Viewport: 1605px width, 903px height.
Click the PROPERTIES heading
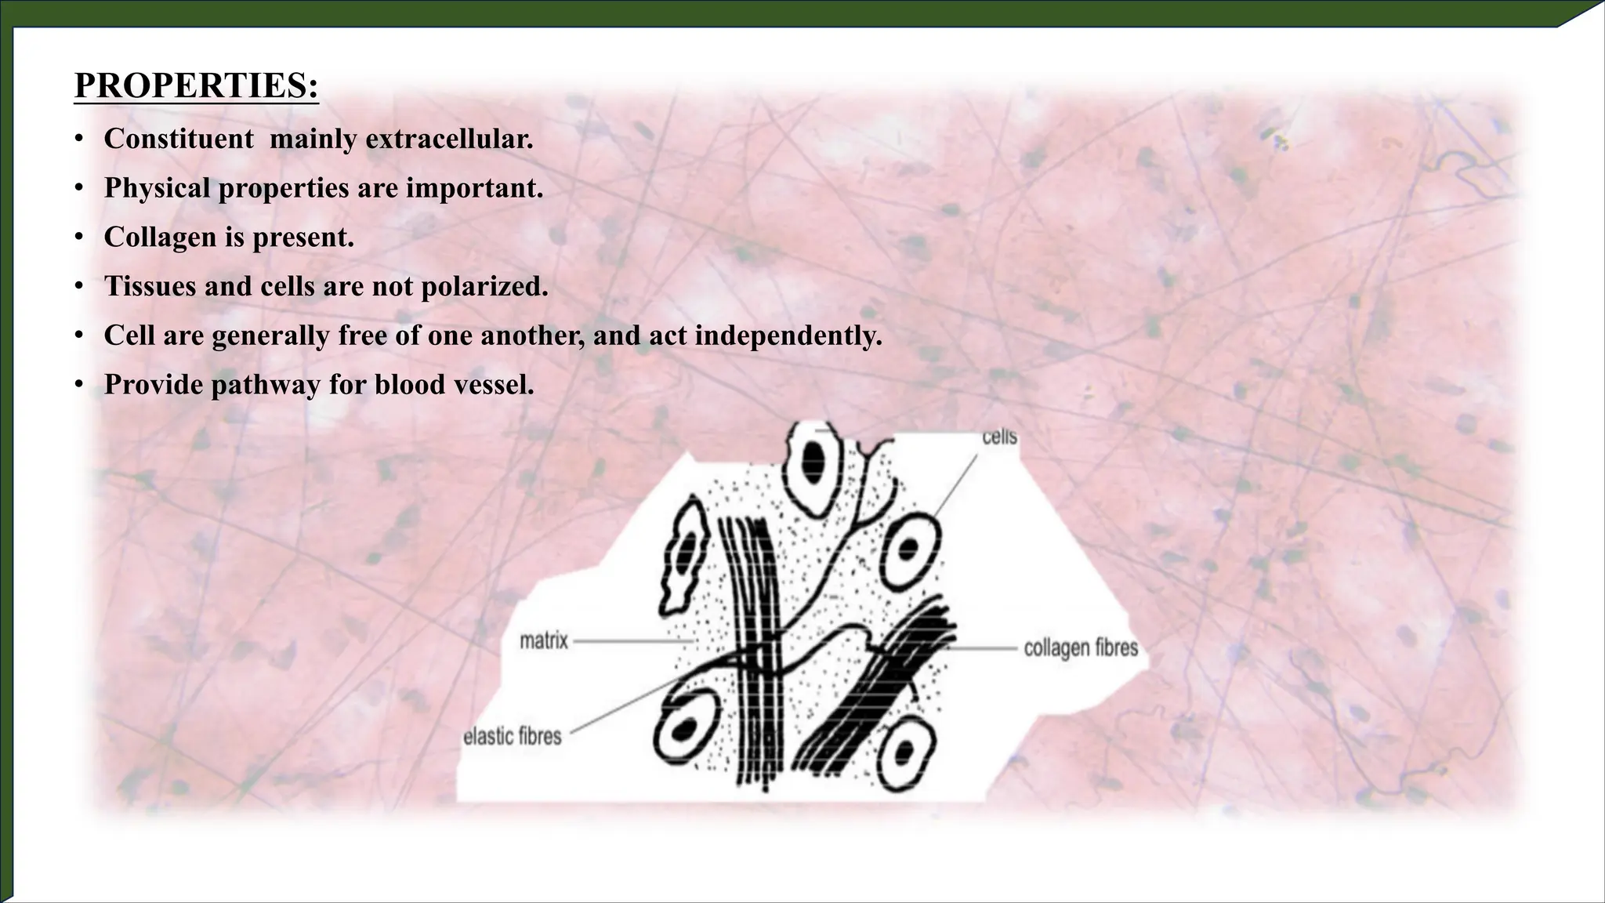(196, 85)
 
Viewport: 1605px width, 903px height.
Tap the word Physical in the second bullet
(157, 188)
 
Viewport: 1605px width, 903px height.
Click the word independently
(788, 335)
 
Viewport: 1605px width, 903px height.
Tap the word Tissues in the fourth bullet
(150, 287)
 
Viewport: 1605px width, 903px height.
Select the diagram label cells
(999, 437)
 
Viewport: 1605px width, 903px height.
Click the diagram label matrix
(544, 641)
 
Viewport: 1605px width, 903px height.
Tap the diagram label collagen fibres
(1081, 648)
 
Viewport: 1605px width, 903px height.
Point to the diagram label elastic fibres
(513, 737)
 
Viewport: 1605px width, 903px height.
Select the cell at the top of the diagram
(813, 466)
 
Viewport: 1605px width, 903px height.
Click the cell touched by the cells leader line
(909, 551)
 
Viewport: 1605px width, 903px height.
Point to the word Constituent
(179, 139)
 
